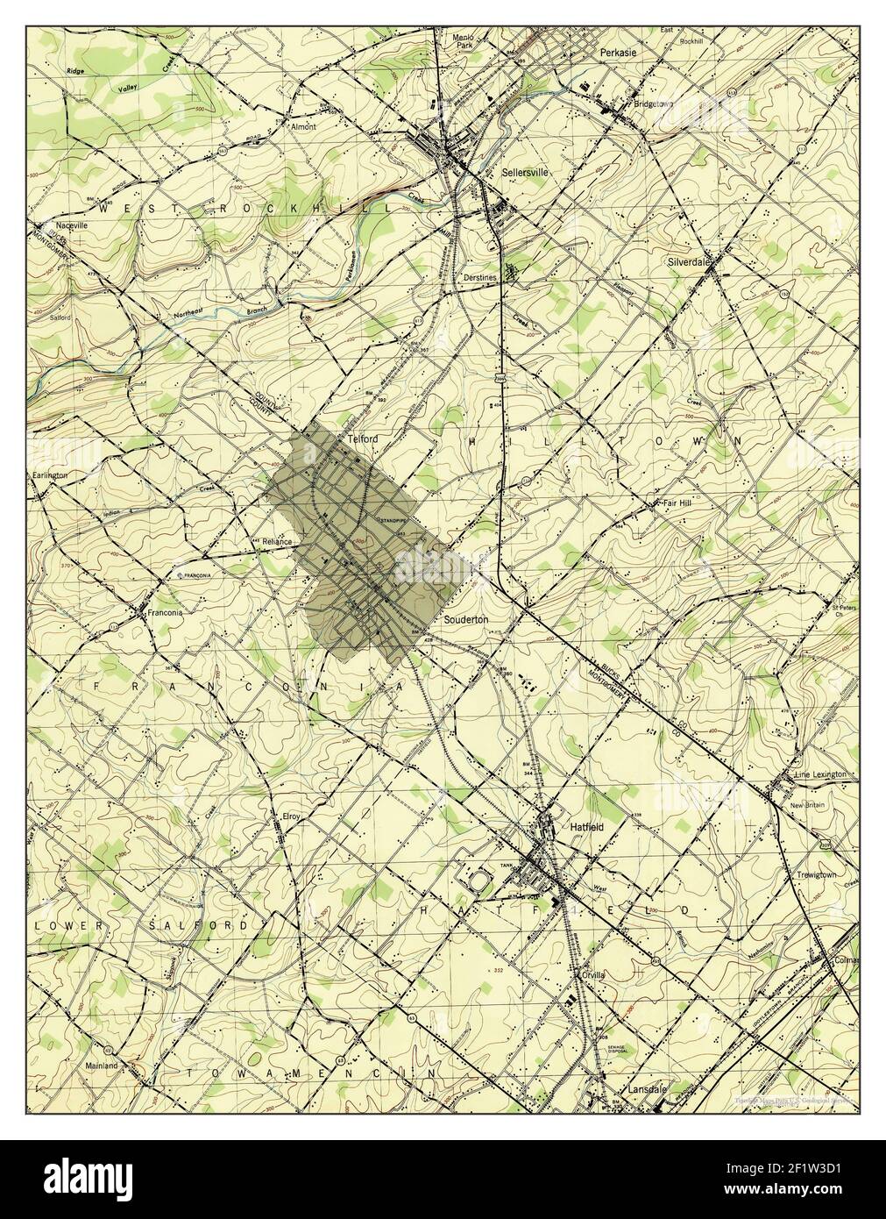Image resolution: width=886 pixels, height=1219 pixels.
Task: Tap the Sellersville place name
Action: (x=525, y=173)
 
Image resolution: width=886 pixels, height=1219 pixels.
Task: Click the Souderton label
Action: (x=467, y=619)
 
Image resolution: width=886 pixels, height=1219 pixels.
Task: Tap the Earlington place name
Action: (x=51, y=474)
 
